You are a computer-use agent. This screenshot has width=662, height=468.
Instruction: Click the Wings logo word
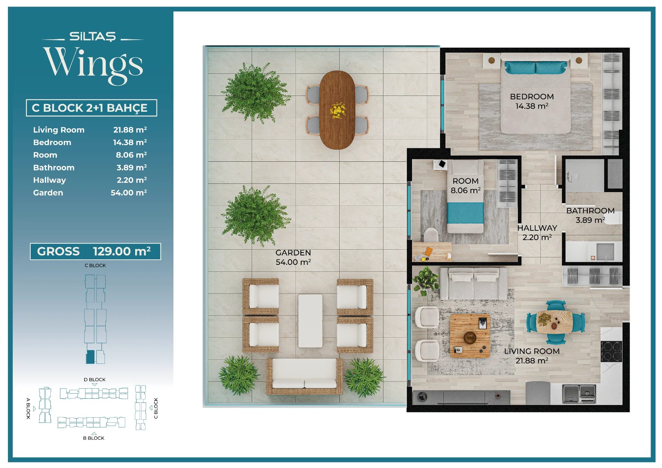93,66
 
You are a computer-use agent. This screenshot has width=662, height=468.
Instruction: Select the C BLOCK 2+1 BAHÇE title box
91,108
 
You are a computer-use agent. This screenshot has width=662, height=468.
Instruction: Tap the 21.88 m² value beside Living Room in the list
130,130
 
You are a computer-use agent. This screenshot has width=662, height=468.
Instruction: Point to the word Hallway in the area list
49,180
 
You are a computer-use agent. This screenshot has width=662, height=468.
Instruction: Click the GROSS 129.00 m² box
95,251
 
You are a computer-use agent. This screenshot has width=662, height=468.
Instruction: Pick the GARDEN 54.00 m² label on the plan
293,257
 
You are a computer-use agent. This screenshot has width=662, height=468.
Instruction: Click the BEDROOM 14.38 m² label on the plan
532,101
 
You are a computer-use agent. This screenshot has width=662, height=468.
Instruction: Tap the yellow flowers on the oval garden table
338,110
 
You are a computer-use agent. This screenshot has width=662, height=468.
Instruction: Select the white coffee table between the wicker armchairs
310,321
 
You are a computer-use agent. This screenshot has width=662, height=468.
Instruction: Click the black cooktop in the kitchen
611,351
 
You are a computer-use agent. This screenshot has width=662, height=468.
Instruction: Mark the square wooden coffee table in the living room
470,336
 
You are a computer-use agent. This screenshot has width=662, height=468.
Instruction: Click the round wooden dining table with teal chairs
555,322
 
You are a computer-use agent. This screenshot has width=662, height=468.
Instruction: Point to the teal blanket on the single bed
465,213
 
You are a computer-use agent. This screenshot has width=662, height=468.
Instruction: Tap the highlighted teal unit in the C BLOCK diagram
90,357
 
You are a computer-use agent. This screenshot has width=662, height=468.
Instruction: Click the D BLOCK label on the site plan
94,379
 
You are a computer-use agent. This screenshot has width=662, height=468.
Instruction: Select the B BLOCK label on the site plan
93,438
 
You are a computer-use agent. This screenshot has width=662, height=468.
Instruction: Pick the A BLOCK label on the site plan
28,409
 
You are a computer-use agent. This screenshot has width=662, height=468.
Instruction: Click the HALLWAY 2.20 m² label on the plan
537,233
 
